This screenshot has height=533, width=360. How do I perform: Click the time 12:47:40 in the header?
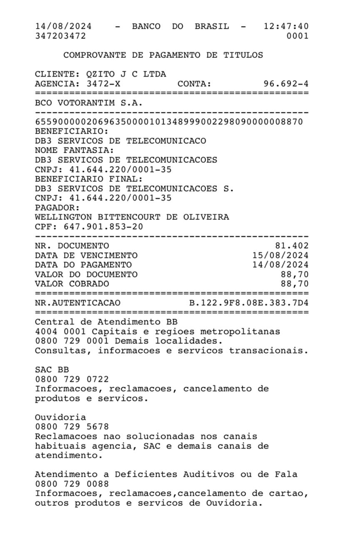(x=286, y=27)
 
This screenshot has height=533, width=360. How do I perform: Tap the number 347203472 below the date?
(x=60, y=36)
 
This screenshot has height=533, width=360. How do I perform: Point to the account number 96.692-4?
(x=286, y=84)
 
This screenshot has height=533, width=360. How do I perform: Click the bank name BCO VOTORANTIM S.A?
(x=89, y=103)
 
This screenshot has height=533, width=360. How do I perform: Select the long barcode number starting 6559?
(x=169, y=122)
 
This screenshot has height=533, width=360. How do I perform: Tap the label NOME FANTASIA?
(x=74, y=150)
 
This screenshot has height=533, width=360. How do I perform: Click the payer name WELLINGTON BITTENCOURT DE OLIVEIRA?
(x=132, y=217)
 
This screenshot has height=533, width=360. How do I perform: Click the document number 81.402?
(x=292, y=246)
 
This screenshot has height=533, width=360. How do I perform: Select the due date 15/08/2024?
(x=280, y=255)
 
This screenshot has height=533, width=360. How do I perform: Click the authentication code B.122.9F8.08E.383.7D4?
(x=249, y=303)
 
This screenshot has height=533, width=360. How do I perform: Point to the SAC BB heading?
(x=52, y=369)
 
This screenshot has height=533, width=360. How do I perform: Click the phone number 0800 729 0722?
(x=72, y=379)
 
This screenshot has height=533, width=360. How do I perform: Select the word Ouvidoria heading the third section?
(x=60, y=417)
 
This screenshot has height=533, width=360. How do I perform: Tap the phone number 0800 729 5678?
(x=72, y=427)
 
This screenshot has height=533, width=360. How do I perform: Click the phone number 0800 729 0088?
(x=72, y=484)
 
